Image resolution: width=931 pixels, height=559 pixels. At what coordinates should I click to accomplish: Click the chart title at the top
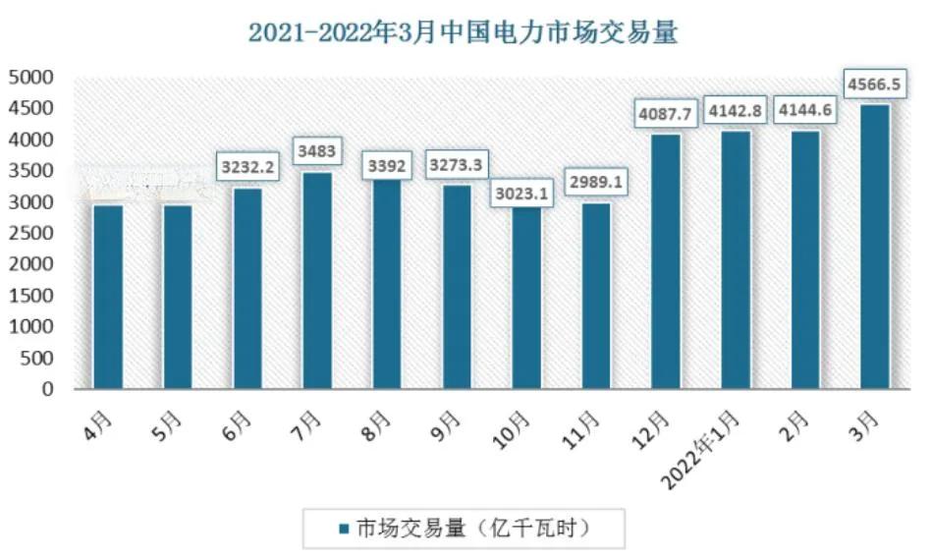tap(464, 32)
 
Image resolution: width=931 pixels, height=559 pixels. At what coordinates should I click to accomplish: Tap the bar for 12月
tap(666, 261)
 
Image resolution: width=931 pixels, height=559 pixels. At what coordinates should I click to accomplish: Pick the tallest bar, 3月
tap(875, 247)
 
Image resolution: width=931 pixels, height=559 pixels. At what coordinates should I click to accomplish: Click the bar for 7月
tap(317, 281)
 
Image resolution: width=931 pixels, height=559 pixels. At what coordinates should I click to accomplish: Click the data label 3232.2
tap(247, 166)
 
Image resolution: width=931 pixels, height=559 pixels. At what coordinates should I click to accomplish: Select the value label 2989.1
tap(596, 182)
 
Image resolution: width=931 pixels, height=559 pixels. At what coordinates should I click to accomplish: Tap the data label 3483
tap(317, 151)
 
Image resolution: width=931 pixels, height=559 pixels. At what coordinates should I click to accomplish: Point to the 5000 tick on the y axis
tap(33, 77)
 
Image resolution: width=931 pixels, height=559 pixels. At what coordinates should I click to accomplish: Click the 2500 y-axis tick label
tap(33, 233)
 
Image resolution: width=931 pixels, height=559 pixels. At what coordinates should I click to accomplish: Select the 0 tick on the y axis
tap(47, 389)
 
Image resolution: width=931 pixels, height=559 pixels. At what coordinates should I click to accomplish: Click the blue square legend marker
tap(344, 529)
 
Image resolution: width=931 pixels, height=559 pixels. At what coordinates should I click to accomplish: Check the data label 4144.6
tap(805, 110)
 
